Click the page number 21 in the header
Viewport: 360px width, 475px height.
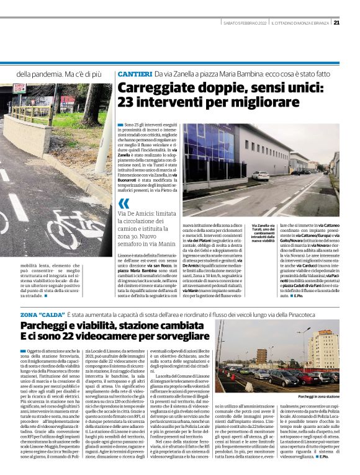point(336,23)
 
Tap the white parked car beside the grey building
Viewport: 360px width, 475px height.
point(260,175)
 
